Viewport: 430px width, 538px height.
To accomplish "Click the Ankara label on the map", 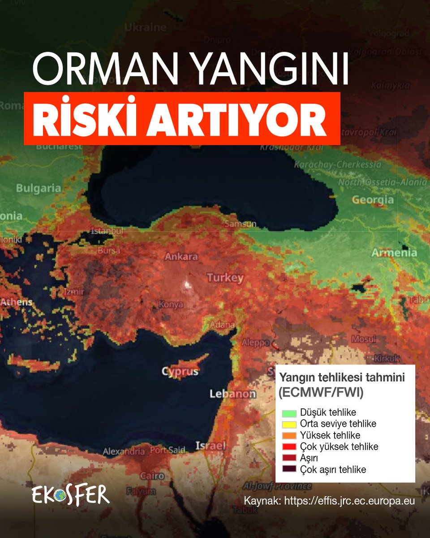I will pos(181,257).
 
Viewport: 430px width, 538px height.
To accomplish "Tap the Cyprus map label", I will pos(180,372).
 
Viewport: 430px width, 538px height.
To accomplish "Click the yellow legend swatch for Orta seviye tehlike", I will pos(287,424).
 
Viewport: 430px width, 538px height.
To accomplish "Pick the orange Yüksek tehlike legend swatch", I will pos(287,435).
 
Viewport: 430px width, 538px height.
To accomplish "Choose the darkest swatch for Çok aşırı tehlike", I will pos(287,470).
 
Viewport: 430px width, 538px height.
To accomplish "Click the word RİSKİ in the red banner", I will pos(85,118).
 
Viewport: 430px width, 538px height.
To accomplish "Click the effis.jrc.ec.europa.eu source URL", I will pos(349,501).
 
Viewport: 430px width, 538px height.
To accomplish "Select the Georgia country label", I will pos(373,200).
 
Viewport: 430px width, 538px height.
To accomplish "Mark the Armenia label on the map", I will pos(394,253).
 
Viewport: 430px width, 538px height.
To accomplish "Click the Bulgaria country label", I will pos(38,188).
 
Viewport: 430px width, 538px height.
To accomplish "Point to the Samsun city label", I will pos(241,224).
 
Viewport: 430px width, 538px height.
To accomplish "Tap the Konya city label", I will pos(171,305).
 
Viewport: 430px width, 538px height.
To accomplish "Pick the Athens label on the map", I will pos(16,302).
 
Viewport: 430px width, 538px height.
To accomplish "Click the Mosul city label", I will pos(364,339).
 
